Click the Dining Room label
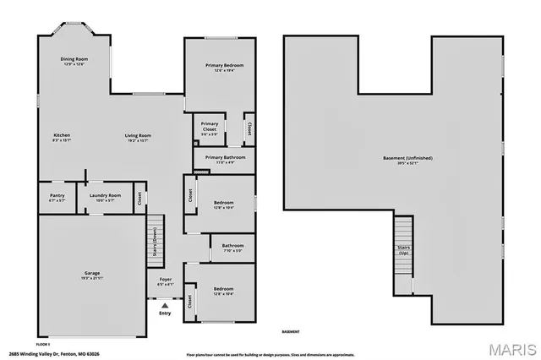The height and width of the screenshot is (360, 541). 74,61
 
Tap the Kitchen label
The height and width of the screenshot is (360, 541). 62,137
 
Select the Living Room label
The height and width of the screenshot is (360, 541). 138,137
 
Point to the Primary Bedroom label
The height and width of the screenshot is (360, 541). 222,67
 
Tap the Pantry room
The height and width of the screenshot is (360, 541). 57,198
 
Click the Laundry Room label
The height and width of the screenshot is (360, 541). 105,198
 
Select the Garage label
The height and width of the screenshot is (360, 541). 91,275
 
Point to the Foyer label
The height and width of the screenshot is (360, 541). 166,282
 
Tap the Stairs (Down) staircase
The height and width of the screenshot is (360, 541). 156,240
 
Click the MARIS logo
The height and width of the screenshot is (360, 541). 505,347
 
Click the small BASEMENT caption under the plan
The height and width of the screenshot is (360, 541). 292,332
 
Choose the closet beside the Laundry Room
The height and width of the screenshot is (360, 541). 139,200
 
